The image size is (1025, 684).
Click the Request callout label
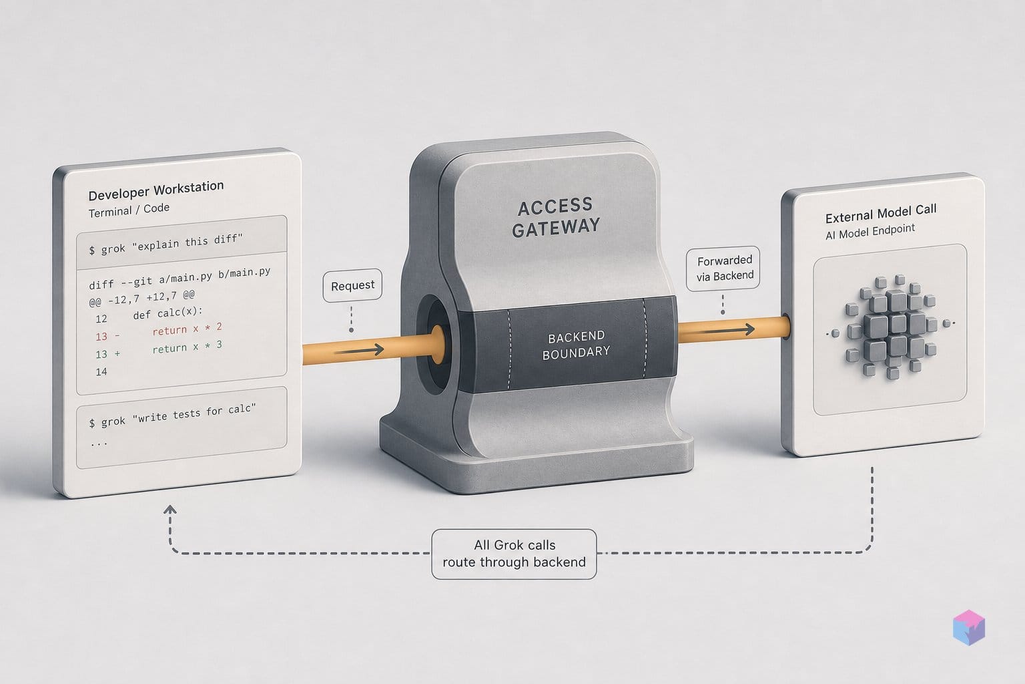pos(352,285)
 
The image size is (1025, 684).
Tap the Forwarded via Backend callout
pos(723,268)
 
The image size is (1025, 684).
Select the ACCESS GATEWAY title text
pos(555,217)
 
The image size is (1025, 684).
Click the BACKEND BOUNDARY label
pos(576,345)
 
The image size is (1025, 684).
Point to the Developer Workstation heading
pos(156,190)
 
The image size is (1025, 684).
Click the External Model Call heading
pos(881,213)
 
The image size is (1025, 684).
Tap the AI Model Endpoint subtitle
pos(870,232)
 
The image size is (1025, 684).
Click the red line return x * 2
pos(187,329)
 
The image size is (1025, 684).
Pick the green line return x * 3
pos(187,347)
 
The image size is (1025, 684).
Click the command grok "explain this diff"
pos(165,244)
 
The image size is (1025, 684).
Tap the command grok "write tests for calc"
pos(172,415)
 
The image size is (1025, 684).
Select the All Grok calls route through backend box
pos(514,554)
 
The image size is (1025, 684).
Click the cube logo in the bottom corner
pos(969,627)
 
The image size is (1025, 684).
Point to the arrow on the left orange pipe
pos(359,351)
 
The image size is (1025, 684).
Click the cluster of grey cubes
pos(890,326)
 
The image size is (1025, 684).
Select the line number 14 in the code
pos(101,371)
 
